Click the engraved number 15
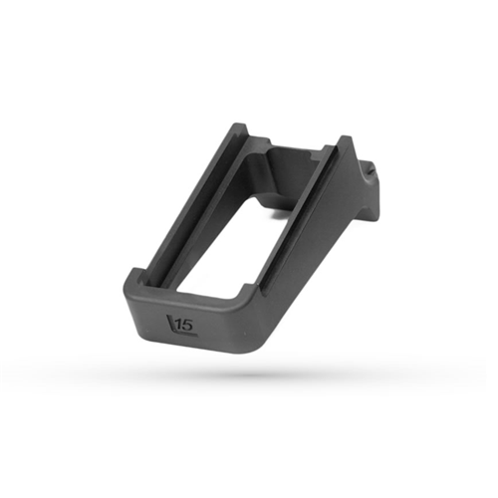[x=182, y=325]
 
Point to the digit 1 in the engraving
[x=177, y=325]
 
